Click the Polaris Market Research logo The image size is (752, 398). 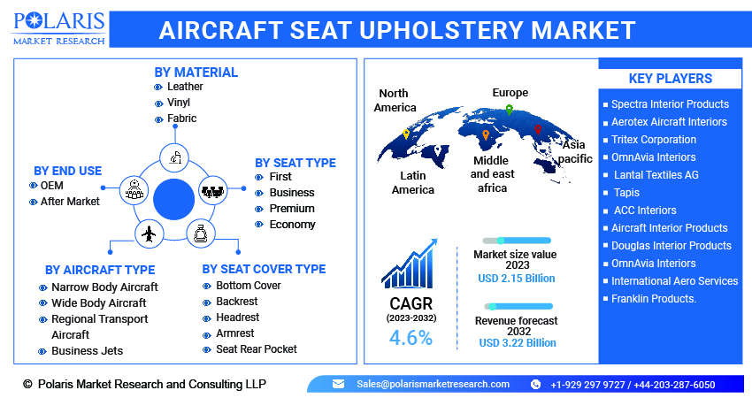click(59, 29)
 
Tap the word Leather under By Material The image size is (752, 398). click(185, 87)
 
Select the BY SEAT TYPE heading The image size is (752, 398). click(295, 163)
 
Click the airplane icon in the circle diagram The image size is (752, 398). click(150, 234)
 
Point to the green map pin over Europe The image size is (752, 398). click(510, 110)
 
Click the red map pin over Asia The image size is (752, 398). click(538, 129)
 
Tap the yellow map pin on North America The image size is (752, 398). click(406, 134)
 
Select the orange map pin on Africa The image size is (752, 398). click(486, 134)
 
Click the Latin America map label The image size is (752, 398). click(413, 183)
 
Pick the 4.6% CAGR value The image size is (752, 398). click(411, 338)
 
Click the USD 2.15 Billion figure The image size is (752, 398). click(517, 279)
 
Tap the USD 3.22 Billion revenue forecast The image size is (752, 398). click(518, 343)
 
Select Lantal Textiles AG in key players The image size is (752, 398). click(656, 175)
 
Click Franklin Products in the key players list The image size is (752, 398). click(654, 299)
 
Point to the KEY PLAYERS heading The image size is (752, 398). click(671, 79)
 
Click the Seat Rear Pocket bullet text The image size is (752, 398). click(257, 349)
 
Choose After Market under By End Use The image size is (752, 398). click(70, 202)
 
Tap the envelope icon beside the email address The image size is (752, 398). click(338, 384)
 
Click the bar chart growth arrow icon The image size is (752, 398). click(410, 264)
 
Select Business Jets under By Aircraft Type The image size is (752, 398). click(88, 351)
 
